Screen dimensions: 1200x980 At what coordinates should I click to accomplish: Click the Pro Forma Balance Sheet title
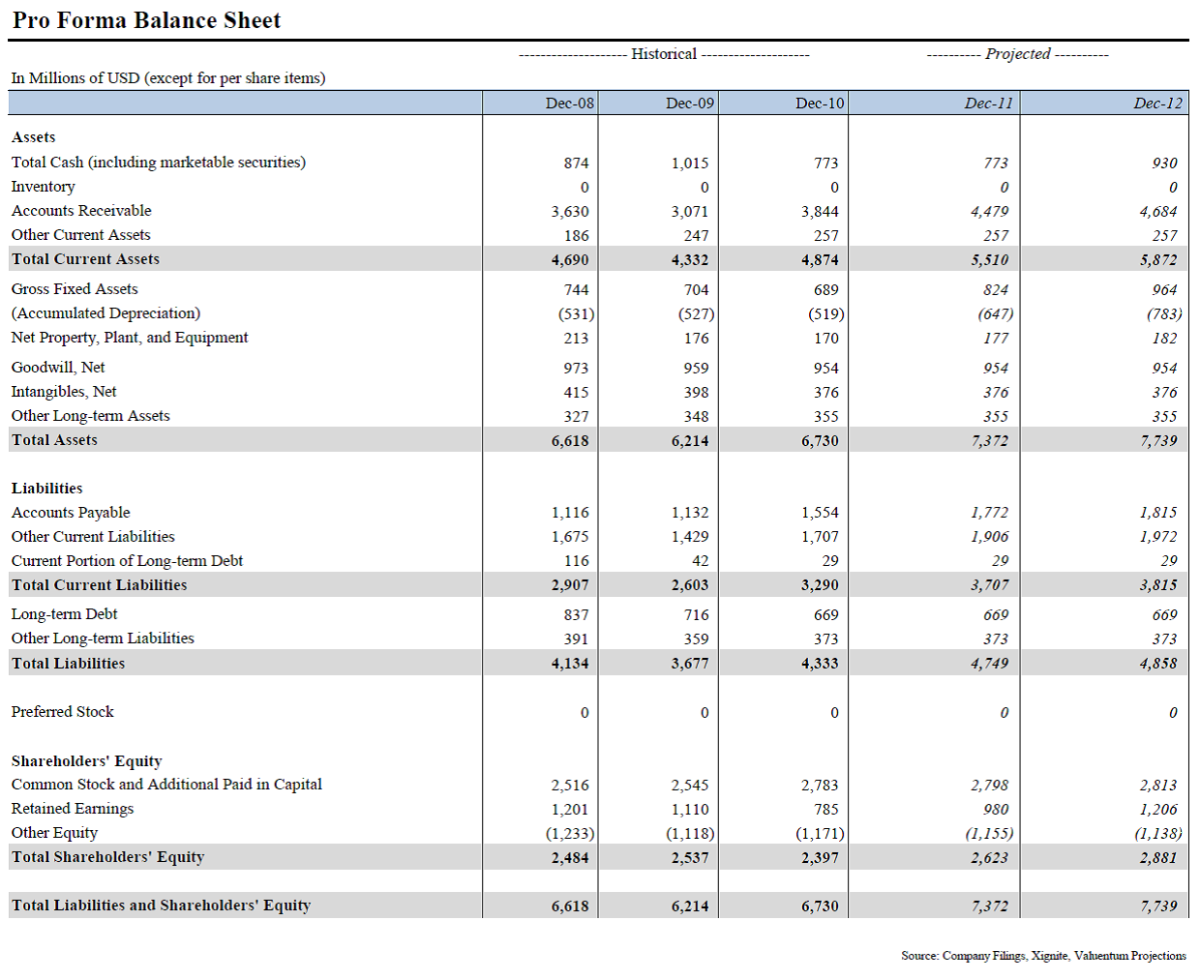[146, 20]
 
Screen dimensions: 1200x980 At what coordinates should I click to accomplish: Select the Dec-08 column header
[569, 103]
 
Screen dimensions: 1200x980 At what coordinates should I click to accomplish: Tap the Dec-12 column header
[1157, 103]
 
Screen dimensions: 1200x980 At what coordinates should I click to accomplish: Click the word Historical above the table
[664, 54]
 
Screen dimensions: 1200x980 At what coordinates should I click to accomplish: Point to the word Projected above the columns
[1017, 54]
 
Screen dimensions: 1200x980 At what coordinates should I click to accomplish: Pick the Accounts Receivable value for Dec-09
[690, 212]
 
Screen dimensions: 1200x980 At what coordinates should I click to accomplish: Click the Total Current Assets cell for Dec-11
[989, 260]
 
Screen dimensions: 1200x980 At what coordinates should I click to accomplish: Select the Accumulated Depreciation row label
[105, 313]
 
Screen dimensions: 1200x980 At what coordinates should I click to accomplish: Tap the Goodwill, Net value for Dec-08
[576, 368]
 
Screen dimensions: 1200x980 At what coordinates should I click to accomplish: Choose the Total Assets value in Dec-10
[820, 441]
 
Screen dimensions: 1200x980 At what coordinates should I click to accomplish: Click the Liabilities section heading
[46, 488]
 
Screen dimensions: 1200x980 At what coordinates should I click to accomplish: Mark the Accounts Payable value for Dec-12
[1157, 513]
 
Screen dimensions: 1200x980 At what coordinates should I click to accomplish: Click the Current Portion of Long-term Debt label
[127, 561]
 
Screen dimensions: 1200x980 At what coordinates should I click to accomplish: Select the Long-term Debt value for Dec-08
[576, 615]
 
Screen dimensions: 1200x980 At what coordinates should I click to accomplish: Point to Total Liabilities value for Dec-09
[690, 664]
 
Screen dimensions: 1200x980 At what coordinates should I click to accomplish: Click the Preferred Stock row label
[63, 711]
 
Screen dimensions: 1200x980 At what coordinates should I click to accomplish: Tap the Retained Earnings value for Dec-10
[825, 809]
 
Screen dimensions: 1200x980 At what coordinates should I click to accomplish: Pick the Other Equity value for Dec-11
[989, 833]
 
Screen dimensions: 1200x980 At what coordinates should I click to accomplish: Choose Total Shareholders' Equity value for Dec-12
[1157, 858]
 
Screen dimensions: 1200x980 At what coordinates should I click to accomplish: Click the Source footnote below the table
[1043, 956]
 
